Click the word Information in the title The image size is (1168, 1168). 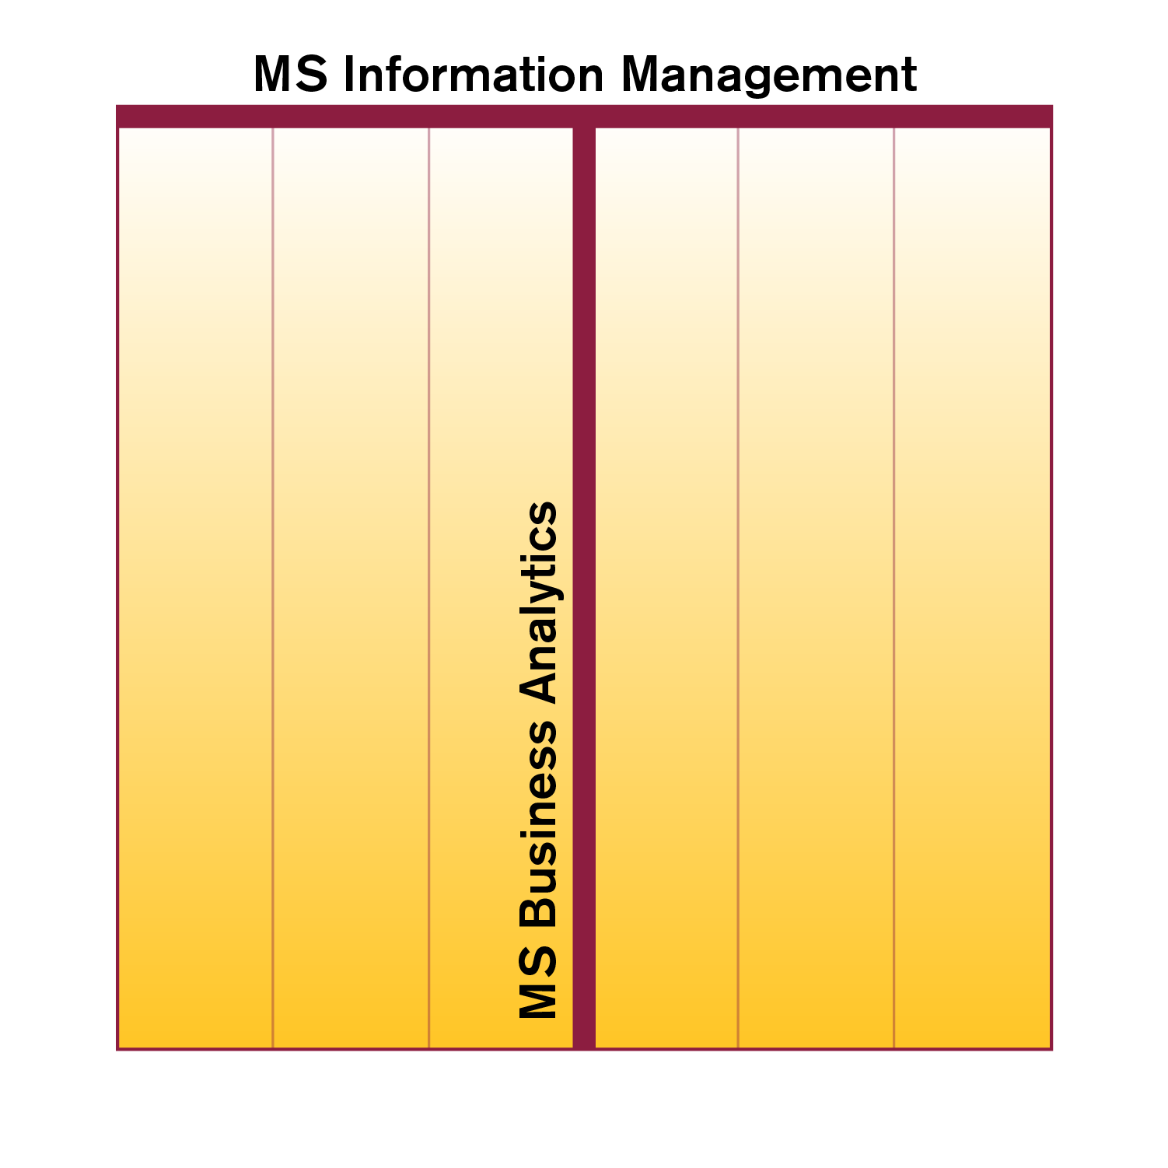pyautogui.click(x=471, y=75)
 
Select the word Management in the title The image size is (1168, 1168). pyautogui.click(x=769, y=75)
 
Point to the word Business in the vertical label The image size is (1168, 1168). pyautogui.click(x=538, y=824)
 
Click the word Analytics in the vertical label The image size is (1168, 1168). pyautogui.click(x=538, y=603)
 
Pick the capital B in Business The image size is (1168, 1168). pyautogui.click(x=538, y=909)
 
